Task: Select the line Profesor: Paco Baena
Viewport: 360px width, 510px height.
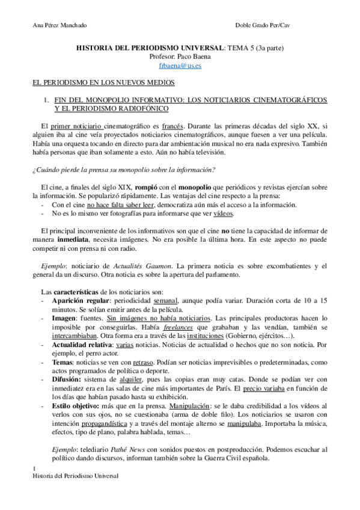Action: click(x=180, y=57)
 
